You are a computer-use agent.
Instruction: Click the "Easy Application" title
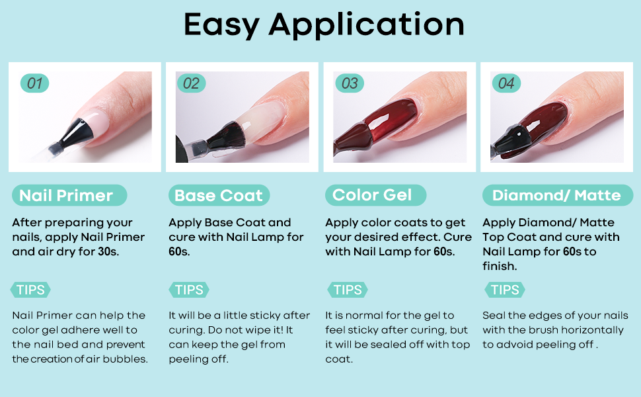tap(324, 25)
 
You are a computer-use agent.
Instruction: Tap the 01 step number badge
tap(35, 83)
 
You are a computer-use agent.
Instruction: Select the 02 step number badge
tap(192, 83)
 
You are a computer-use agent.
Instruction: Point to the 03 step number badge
tap(350, 83)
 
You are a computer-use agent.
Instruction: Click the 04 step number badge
tap(506, 83)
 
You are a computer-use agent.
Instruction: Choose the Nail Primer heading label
tap(69, 195)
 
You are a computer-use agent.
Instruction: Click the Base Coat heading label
tap(219, 195)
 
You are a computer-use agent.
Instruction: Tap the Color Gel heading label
tap(376, 195)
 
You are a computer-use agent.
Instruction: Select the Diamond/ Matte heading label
tap(558, 195)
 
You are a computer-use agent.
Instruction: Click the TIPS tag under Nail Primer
tap(30, 290)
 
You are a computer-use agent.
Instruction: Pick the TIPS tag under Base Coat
tap(189, 290)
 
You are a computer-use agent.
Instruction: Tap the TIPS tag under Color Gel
tap(348, 290)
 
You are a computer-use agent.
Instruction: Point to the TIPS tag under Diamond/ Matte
tap(505, 290)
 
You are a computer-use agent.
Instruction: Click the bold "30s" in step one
tap(108, 251)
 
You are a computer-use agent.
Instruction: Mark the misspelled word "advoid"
tap(508, 344)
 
